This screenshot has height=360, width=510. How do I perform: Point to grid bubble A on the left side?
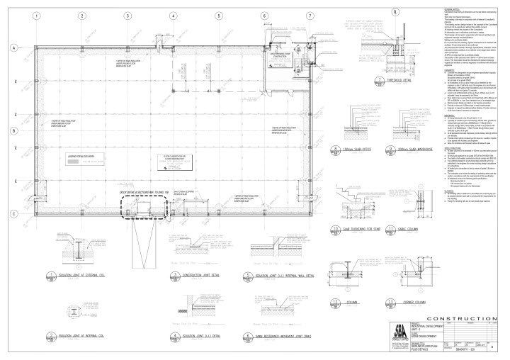(13, 47)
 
